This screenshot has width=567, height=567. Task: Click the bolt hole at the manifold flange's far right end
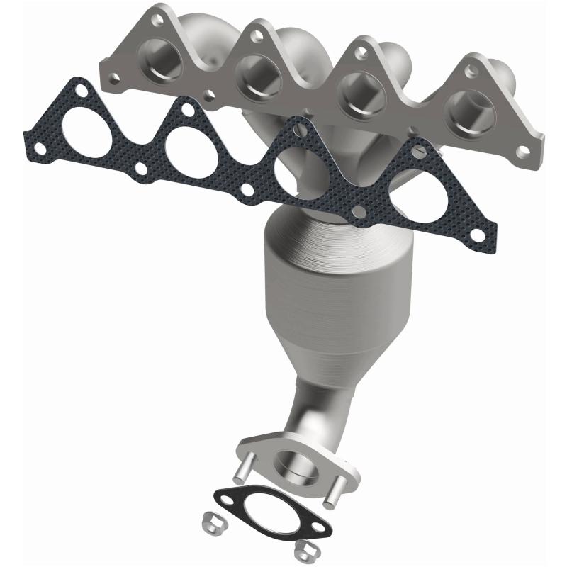tap(523, 151)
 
